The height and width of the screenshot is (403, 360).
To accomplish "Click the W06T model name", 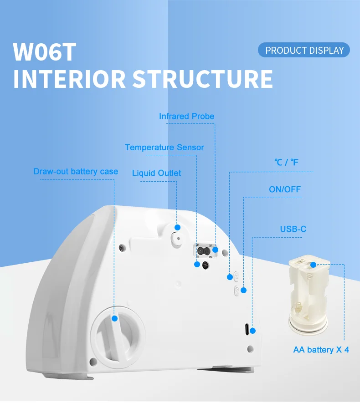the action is (44, 52).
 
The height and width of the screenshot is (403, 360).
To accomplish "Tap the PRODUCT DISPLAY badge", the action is (304, 50).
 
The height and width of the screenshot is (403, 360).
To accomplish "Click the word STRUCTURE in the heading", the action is (203, 78).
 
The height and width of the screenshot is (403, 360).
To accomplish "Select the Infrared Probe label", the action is (186, 116).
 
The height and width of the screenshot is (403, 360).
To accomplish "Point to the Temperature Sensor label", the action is (165, 147).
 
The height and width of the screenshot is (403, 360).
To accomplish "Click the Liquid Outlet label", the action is (156, 173).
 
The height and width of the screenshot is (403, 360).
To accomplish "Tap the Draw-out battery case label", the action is (76, 172).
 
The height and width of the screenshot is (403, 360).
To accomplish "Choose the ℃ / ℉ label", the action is (286, 162).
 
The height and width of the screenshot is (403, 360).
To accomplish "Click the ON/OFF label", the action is (285, 189).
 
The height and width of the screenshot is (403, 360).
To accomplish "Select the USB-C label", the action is (293, 229).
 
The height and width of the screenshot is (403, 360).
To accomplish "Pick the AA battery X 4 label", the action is (321, 350).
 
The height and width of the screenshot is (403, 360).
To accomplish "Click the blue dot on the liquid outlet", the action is (177, 227).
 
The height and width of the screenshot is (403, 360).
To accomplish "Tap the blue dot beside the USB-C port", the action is (253, 331).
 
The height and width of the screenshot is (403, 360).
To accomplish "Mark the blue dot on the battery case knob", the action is (115, 318).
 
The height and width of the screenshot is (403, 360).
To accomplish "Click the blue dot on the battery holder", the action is (313, 264).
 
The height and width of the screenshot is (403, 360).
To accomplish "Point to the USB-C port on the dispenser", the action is (247, 329).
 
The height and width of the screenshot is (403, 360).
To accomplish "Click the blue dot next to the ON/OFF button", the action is (243, 290).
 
